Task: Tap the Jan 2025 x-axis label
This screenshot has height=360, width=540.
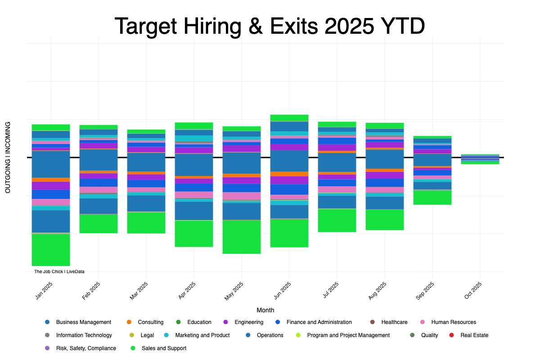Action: click(x=45, y=290)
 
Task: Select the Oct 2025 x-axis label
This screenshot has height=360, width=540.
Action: click(x=474, y=290)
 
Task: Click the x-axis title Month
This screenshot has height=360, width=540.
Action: click(x=265, y=310)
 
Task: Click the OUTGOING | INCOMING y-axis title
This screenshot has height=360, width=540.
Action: click(x=8, y=157)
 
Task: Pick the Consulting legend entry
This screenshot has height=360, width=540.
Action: click(x=150, y=322)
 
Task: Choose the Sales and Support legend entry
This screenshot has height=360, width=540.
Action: click(x=164, y=348)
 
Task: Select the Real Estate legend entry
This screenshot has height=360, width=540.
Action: click(x=474, y=335)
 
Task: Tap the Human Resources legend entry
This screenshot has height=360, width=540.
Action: click(x=453, y=322)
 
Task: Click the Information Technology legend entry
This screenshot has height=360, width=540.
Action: click(x=84, y=335)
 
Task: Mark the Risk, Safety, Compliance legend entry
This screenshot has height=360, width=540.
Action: click(x=86, y=348)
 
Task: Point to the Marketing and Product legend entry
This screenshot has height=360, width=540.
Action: click(x=202, y=335)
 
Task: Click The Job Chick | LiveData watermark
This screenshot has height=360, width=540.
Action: click(x=59, y=272)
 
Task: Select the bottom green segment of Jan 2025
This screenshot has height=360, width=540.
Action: click(x=51, y=250)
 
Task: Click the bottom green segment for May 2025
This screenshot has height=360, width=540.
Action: click(x=242, y=237)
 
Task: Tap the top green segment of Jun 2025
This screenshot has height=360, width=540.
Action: click(x=289, y=118)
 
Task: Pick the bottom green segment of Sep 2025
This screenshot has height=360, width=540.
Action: click(x=432, y=198)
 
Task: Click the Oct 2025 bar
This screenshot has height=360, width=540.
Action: click(x=480, y=159)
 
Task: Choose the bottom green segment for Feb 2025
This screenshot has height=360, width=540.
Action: click(x=99, y=224)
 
